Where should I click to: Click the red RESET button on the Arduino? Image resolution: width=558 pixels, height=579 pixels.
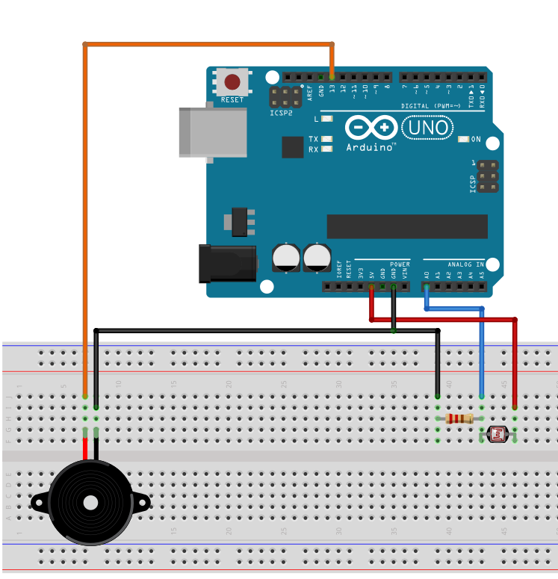[x=232, y=81]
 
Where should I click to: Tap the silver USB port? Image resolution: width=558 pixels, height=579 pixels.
[x=213, y=132]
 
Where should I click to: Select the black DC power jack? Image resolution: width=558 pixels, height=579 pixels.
[x=226, y=264]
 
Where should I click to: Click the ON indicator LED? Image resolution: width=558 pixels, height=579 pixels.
[x=463, y=140]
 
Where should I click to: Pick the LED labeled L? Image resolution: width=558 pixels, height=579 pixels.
[x=326, y=119]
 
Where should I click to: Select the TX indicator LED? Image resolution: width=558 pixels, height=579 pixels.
[x=326, y=140]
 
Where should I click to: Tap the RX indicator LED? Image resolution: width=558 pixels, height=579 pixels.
[x=326, y=149]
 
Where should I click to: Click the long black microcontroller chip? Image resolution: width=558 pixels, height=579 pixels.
[x=407, y=226]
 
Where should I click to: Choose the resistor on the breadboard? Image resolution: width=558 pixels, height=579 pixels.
[x=459, y=418]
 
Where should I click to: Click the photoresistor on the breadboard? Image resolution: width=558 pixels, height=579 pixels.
[x=497, y=433]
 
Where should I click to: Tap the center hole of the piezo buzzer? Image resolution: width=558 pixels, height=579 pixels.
[x=90, y=503]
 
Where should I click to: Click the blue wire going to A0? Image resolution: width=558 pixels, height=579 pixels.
[x=481, y=351]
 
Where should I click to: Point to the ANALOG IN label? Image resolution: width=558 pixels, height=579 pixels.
[x=465, y=264]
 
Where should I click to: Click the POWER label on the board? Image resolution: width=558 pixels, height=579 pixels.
[x=400, y=264]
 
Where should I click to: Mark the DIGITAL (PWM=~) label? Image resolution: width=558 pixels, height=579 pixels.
[x=435, y=106]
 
